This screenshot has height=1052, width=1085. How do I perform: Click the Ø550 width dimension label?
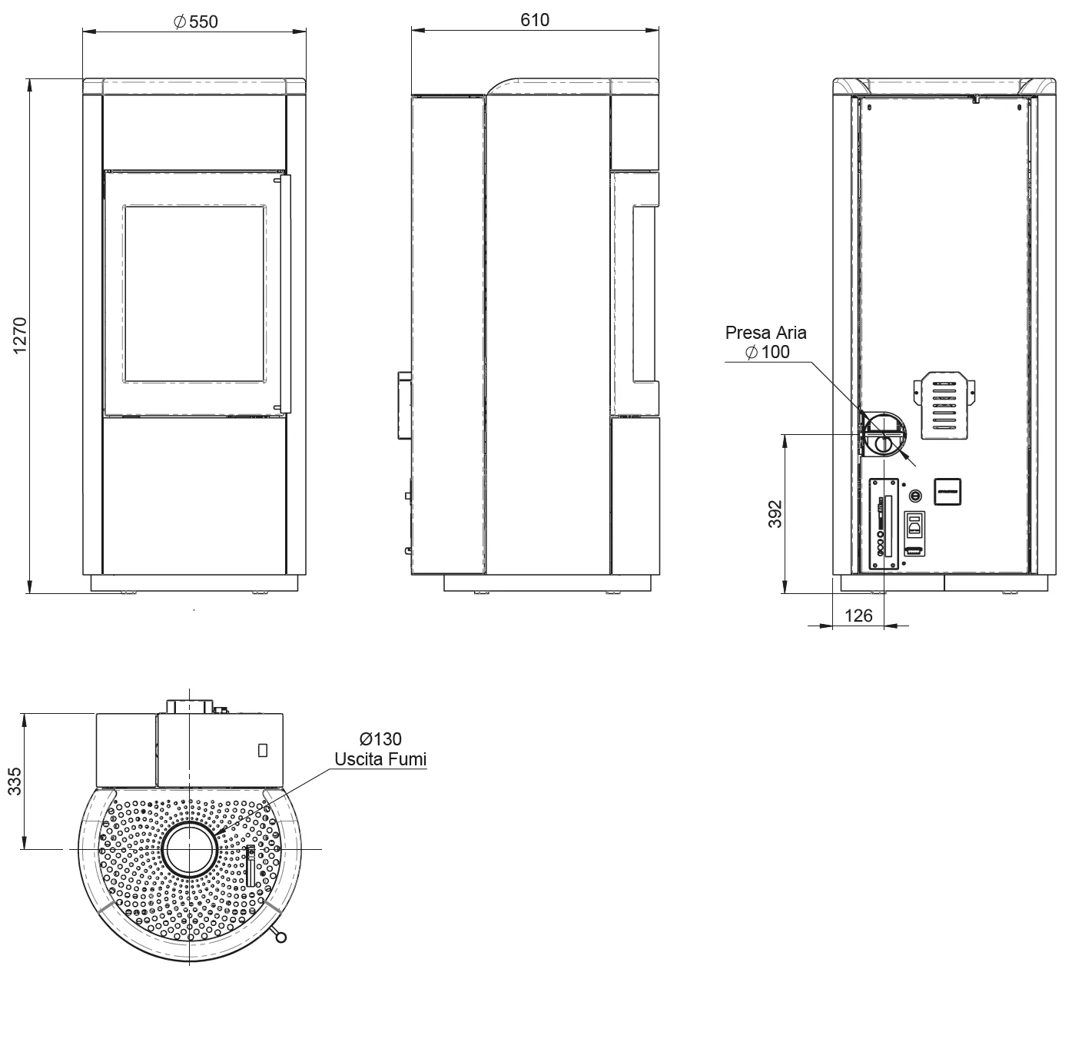196,22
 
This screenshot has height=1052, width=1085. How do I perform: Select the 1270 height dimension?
19,336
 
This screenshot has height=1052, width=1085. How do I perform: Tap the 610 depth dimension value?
535,20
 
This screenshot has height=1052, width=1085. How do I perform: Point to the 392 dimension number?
775,514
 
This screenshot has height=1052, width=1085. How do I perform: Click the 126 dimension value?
858,616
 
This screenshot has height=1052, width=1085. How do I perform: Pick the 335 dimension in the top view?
15,781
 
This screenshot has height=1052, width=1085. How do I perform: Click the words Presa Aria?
765,333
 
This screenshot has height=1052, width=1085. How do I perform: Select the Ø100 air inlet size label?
767,352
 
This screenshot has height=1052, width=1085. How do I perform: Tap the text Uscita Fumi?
380,758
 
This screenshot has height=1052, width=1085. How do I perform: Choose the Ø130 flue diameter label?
380,739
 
